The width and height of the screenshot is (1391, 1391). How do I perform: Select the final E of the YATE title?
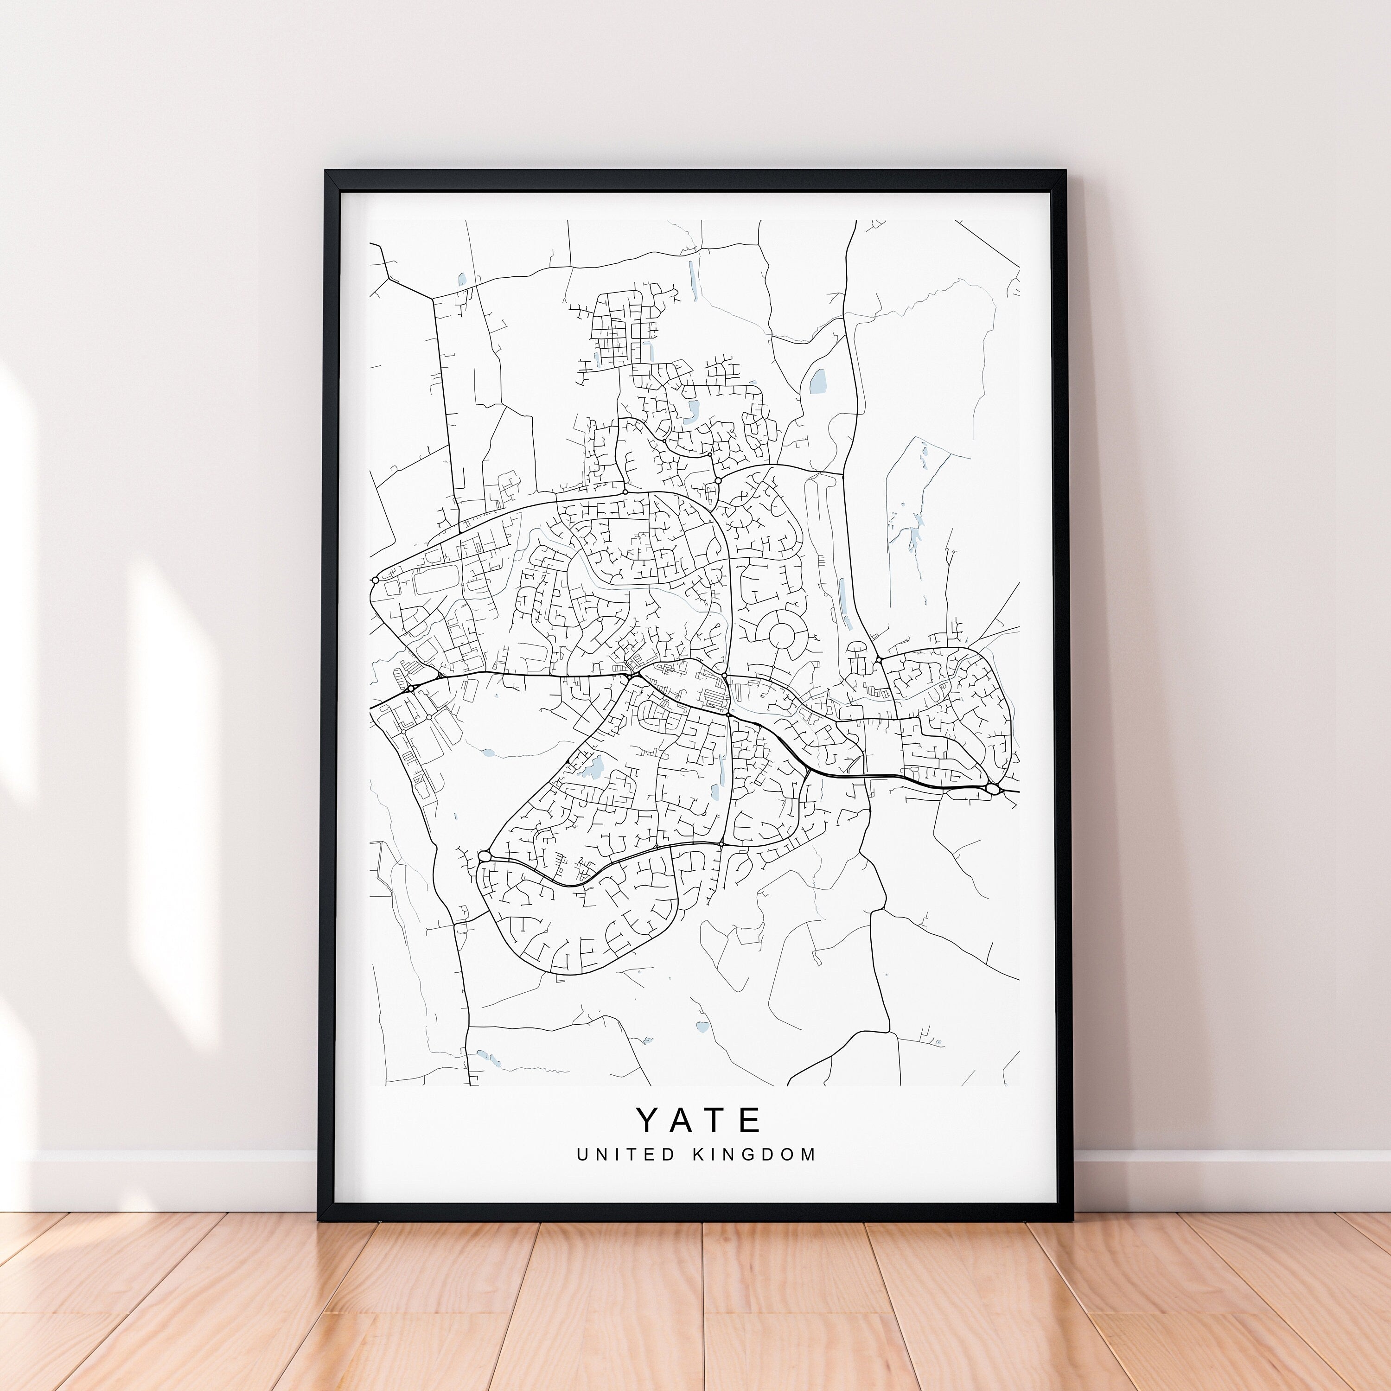point(750,1120)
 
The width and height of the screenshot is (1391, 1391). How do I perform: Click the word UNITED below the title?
point(625,1154)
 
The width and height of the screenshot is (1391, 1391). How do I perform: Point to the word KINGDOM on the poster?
point(754,1154)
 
